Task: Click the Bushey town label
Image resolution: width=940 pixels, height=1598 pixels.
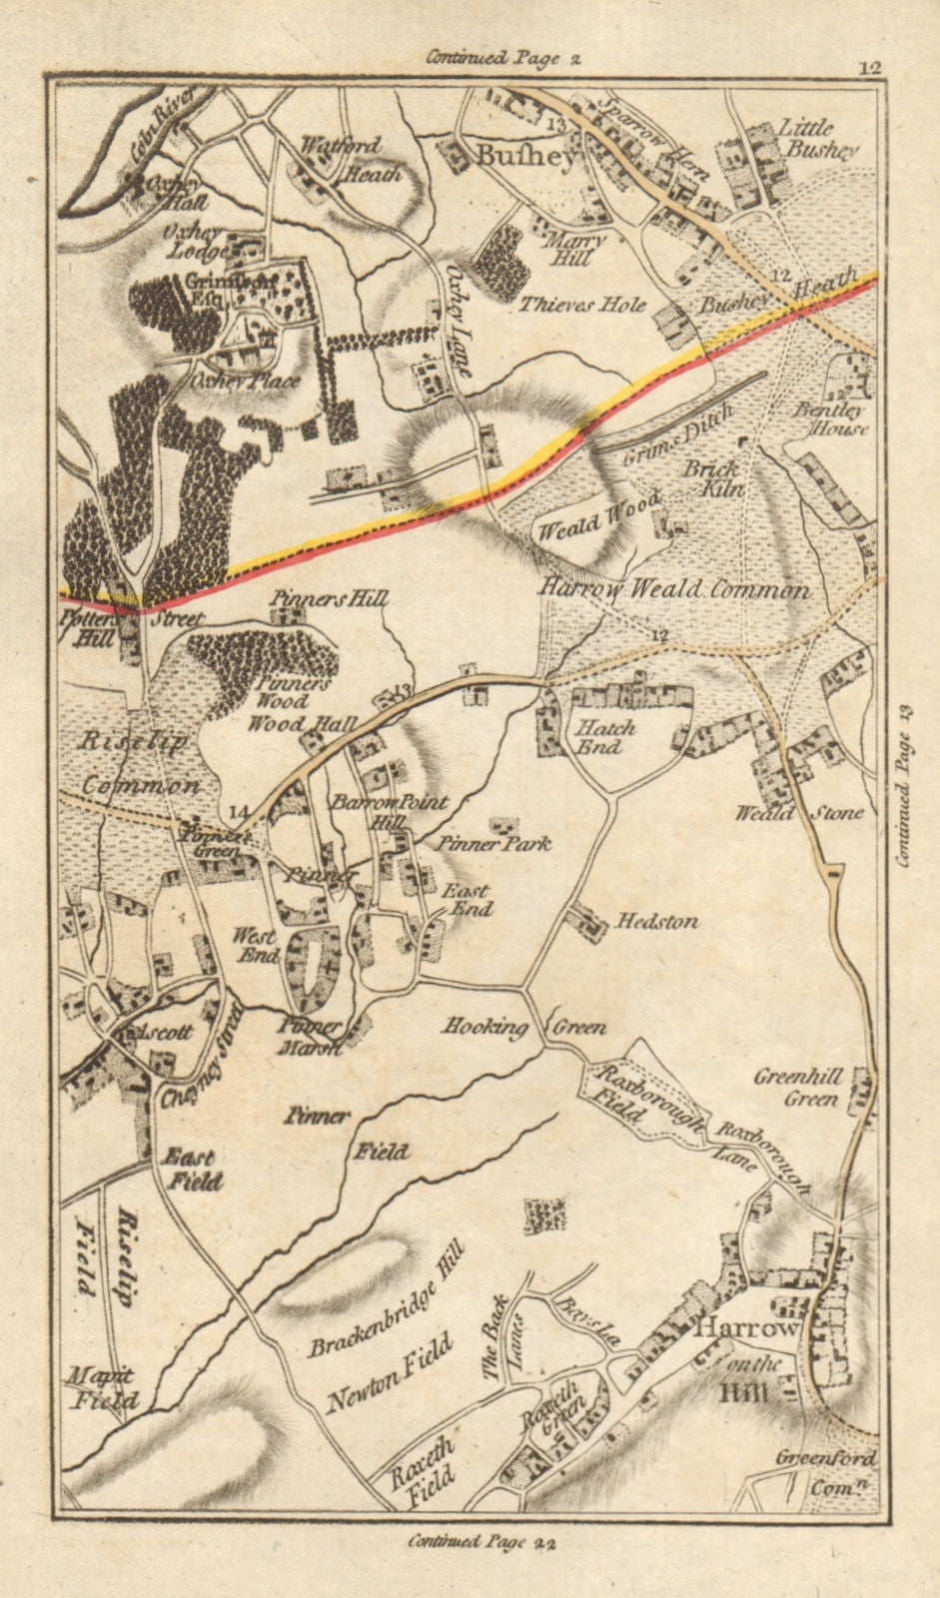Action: click(513, 158)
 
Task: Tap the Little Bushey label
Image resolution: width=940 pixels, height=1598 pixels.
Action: click(818, 140)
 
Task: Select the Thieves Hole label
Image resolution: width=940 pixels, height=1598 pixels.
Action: click(581, 305)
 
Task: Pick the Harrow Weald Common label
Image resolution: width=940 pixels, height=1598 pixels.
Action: click(688, 589)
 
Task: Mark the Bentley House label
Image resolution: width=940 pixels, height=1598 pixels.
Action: click(831, 418)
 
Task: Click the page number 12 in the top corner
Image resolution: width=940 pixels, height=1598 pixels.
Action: click(867, 68)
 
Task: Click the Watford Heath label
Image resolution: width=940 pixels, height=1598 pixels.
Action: click(346, 160)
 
